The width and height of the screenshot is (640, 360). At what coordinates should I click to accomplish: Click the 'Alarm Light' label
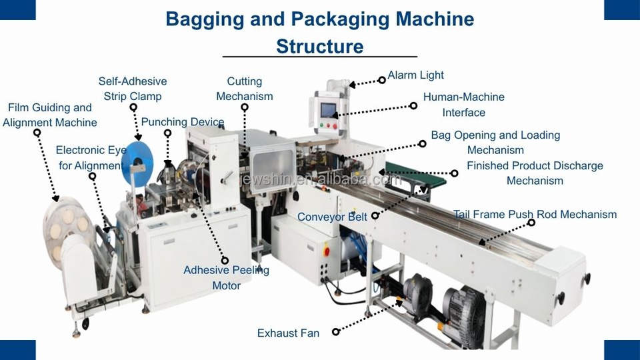coord(415,75)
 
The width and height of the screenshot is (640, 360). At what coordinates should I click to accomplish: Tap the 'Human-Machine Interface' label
coord(464,105)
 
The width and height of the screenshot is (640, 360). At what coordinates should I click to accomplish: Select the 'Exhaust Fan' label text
coord(288,333)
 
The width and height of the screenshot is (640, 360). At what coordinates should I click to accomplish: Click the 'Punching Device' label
coord(183,121)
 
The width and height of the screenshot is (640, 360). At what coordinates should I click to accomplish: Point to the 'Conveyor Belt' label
coord(332,217)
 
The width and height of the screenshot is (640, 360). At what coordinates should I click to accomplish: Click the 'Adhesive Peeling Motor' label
coord(226,277)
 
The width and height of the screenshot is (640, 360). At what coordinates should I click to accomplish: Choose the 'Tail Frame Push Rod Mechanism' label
coord(535,214)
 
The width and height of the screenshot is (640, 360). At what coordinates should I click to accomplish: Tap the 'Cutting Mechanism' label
coord(245,89)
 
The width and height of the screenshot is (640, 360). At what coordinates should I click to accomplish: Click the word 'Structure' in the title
coord(319,46)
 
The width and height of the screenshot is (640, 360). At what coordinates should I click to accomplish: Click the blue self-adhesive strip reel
coord(137,164)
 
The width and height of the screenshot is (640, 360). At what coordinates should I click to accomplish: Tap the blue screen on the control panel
coord(328,110)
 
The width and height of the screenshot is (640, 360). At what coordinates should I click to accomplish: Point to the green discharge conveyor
coord(415,175)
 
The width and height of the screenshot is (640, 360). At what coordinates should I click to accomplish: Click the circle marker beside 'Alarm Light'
coord(381,80)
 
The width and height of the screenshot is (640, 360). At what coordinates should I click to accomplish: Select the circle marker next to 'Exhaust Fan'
coord(335,332)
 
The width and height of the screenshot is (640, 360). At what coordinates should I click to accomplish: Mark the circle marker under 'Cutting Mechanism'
coord(245,107)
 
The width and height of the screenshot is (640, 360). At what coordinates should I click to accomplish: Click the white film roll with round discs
coord(65,229)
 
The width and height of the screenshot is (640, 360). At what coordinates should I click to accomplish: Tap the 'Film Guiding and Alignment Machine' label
coord(50,115)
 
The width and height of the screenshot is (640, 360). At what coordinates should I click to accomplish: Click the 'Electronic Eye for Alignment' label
coord(91,157)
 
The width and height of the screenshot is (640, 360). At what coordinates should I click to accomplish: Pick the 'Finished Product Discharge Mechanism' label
coord(535,173)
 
